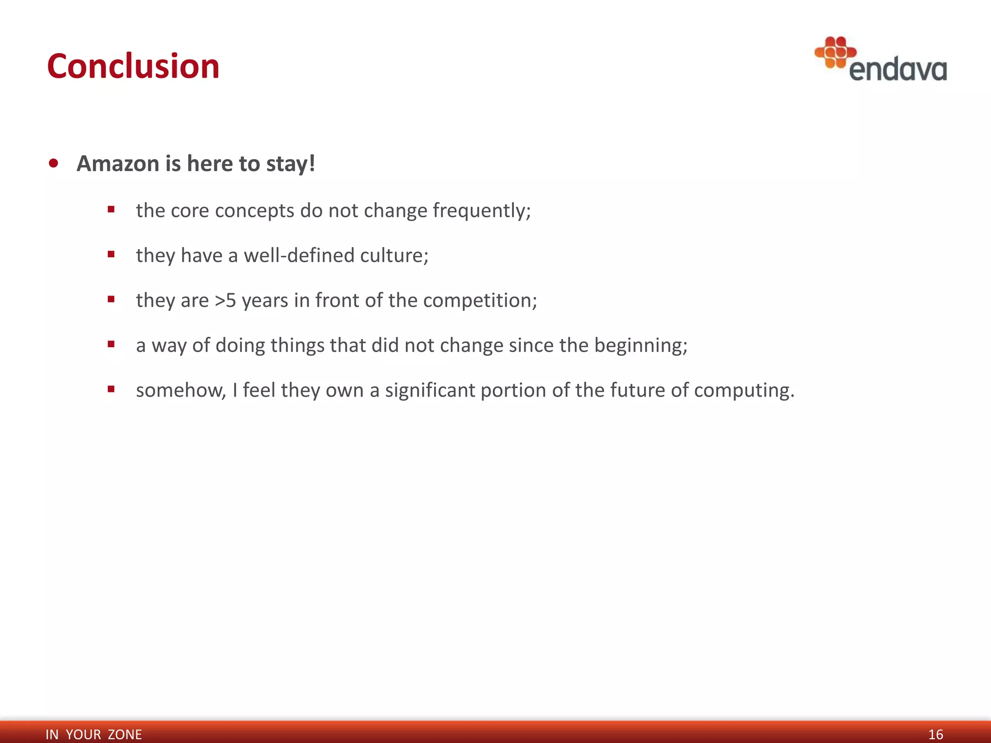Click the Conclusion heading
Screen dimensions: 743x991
point(133,66)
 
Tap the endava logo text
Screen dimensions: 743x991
point(898,70)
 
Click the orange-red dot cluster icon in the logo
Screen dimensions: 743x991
point(835,52)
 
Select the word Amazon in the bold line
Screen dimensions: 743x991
point(118,163)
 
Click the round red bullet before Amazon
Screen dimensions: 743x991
point(54,163)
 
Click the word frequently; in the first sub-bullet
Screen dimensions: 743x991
point(481,211)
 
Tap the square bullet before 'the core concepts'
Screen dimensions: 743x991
point(111,209)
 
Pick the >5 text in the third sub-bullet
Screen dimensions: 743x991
point(225,300)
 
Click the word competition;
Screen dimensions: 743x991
point(480,300)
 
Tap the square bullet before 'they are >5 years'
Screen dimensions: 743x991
point(111,299)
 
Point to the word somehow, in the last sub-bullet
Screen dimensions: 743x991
point(181,390)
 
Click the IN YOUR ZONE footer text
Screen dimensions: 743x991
point(93,734)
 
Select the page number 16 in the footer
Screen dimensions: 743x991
point(935,734)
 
